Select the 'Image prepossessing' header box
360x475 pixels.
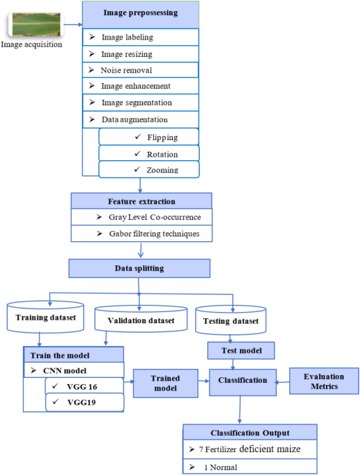point(140,13)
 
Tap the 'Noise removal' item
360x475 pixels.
point(140,70)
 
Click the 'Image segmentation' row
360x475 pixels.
point(140,103)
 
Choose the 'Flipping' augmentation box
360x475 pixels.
point(148,137)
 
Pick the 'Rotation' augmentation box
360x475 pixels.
point(148,153)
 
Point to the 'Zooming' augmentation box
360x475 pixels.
point(148,169)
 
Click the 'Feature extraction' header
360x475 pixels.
point(140,200)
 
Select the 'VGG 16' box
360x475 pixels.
point(84,386)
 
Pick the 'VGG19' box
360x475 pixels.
point(84,403)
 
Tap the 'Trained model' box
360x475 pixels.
point(165,383)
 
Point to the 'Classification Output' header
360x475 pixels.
point(250,433)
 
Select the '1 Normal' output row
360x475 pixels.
point(250,467)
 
